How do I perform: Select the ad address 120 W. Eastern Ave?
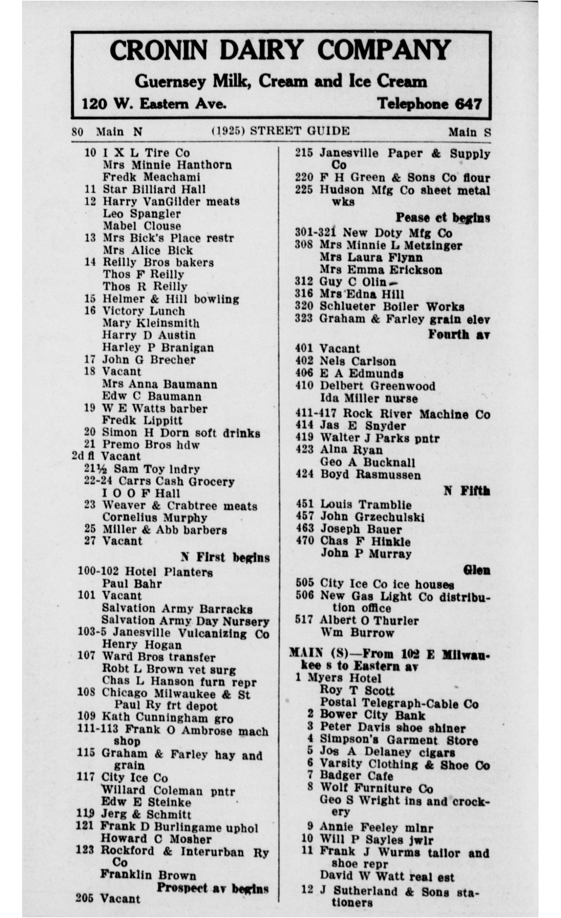click(154, 104)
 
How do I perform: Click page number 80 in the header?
click(78, 132)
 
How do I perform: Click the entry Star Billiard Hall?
click(153, 189)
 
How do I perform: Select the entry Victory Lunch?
click(143, 311)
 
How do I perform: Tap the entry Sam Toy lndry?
click(156, 469)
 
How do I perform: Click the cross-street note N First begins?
click(225, 557)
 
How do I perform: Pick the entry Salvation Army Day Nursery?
click(185, 621)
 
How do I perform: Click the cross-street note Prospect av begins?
click(213, 888)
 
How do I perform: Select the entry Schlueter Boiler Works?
click(391, 307)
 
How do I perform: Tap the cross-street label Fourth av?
click(459, 335)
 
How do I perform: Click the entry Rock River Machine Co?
click(416, 414)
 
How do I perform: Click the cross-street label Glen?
click(476, 570)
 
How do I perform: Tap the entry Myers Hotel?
click(344, 678)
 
